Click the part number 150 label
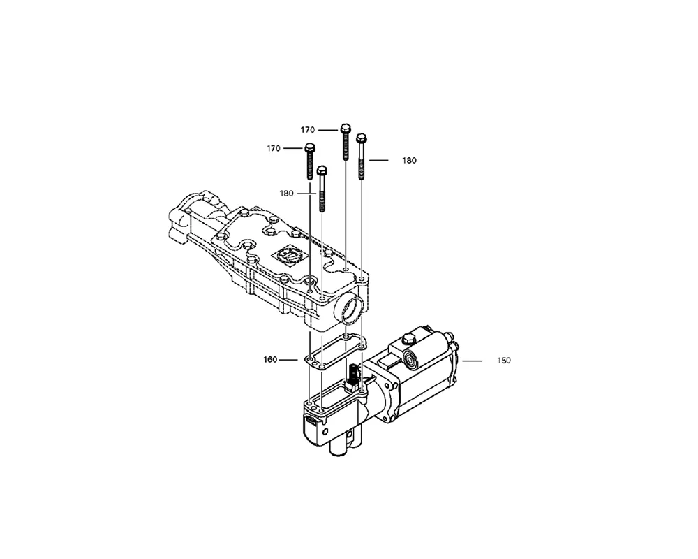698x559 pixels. tap(503, 361)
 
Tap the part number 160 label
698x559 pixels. tap(270, 360)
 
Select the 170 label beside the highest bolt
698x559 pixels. tap(308, 130)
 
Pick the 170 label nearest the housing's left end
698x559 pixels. tap(274, 148)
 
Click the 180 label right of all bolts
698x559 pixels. tap(409, 161)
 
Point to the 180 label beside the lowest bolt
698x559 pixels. tap(287, 194)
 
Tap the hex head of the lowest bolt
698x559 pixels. tap(321, 170)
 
